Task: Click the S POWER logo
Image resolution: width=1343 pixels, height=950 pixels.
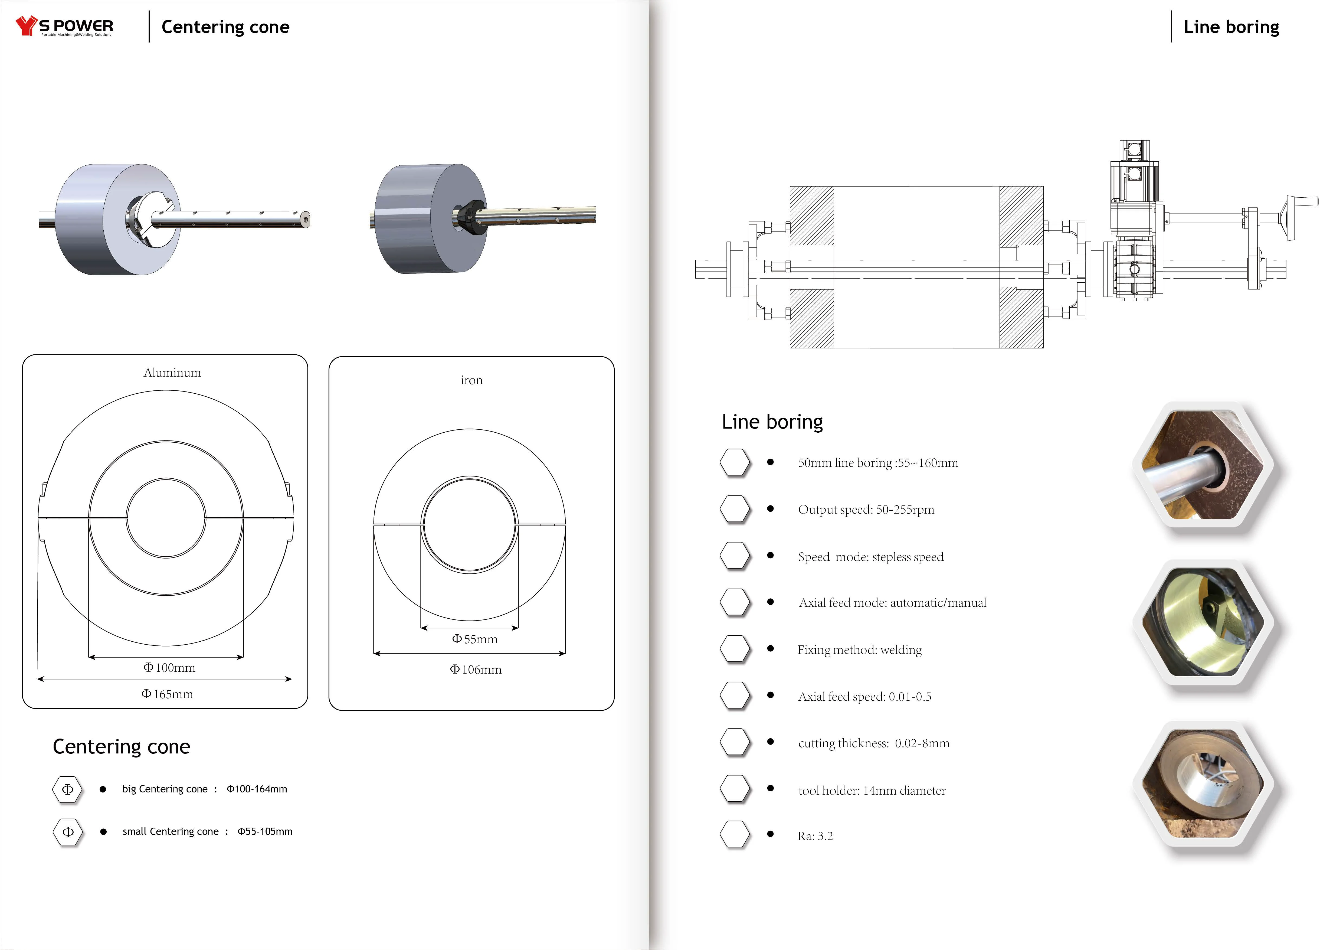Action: (x=64, y=26)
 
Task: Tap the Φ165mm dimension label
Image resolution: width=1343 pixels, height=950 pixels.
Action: (x=167, y=694)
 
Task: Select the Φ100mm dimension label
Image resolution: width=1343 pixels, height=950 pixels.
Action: (x=170, y=667)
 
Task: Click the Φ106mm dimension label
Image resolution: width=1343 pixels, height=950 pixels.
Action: (x=476, y=670)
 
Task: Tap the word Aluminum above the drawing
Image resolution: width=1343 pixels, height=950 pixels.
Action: (x=172, y=373)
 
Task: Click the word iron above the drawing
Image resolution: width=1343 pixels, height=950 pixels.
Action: (x=471, y=380)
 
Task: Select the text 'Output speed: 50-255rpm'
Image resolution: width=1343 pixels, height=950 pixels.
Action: (x=866, y=510)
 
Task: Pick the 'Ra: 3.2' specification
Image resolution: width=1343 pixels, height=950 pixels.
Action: (x=815, y=836)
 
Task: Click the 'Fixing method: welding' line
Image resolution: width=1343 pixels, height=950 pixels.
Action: (x=859, y=650)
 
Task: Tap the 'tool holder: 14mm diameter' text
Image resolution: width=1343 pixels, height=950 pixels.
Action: (x=872, y=791)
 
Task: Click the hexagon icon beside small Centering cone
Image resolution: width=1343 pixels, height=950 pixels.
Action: (x=68, y=832)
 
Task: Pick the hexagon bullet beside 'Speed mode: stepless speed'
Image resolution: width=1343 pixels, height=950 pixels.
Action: (x=735, y=556)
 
